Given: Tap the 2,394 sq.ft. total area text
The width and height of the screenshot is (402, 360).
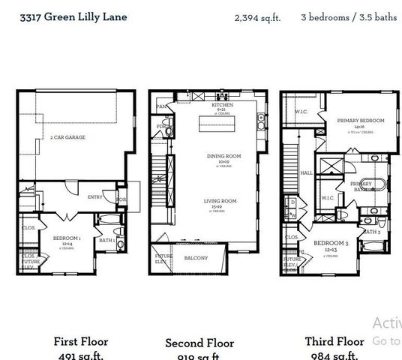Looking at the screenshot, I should click(257, 17).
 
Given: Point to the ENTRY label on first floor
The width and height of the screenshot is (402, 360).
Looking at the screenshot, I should click(95, 197).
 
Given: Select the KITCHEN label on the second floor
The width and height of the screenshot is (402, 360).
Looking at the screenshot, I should click(222, 106).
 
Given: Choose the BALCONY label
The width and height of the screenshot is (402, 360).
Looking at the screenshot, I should click(196, 257).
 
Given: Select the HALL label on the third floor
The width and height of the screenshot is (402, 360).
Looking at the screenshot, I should click(307, 172).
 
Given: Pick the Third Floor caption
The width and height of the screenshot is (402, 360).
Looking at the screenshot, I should click(334, 341).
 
